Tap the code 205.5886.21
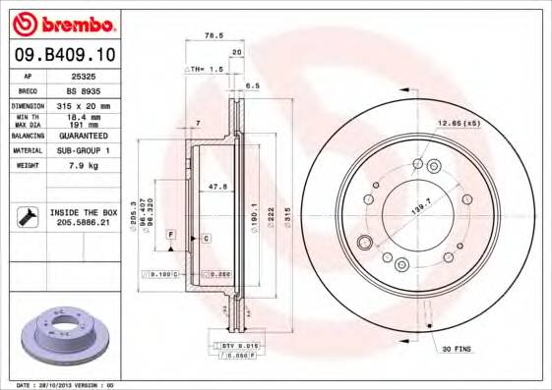[x=83, y=223]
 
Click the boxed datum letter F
[x=170, y=236]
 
